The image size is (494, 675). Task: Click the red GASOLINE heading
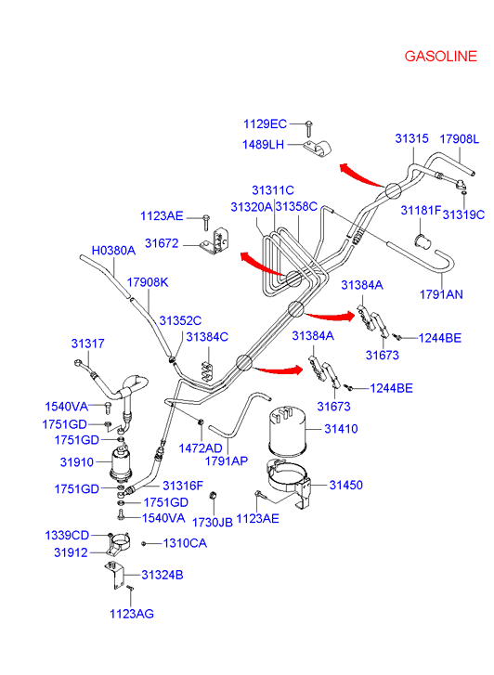(440, 57)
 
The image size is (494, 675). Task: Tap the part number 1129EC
(265, 124)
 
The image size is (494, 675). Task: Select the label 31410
(341, 429)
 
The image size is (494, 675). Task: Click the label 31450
(346, 486)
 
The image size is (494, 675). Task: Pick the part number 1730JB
(213, 523)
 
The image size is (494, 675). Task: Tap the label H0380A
(113, 251)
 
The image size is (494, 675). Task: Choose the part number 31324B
(162, 575)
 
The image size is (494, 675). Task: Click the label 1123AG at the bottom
(132, 614)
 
